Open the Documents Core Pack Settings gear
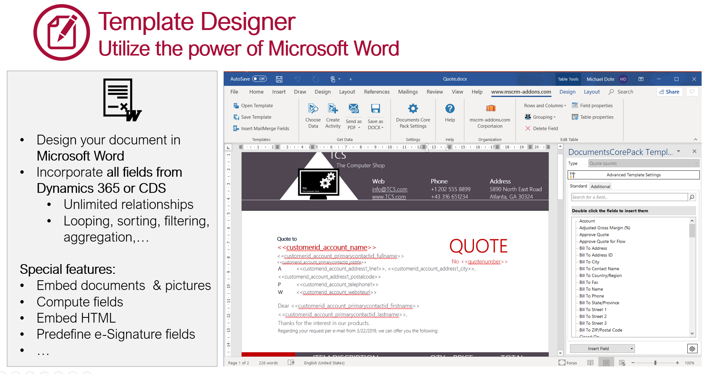click(x=413, y=109)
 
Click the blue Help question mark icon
click(x=450, y=109)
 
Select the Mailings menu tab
click(x=408, y=92)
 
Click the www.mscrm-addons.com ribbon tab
click(x=521, y=92)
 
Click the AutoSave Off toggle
click(x=259, y=79)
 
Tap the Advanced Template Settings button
click(x=633, y=175)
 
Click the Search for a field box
click(x=629, y=197)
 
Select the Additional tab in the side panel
click(x=600, y=186)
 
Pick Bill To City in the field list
click(x=589, y=262)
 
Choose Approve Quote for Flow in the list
click(x=602, y=242)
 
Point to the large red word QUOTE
click(x=478, y=246)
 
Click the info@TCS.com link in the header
click(x=389, y=189)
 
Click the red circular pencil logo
click(x=62, y=33)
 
